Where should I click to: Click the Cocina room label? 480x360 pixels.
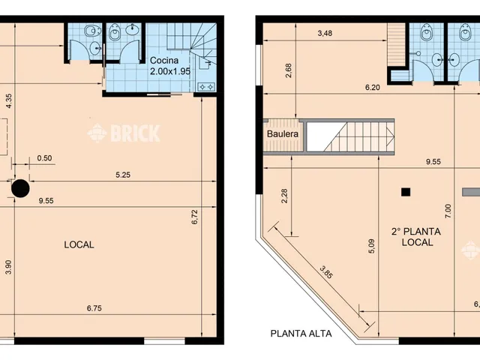click(164, 60)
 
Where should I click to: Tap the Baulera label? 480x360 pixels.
click(283, 134)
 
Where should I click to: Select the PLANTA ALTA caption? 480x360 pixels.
click(301, 333)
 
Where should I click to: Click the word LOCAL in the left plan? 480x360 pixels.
click(79, 244)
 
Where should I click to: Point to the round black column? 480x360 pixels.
click(20, 188)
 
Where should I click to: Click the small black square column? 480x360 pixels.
click(406, 192)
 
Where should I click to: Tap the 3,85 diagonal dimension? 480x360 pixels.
click(325, 272)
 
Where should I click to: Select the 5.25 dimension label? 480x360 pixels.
click(123, 175)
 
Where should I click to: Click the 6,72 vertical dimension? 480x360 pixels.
click(195, 217)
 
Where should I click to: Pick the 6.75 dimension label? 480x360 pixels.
click(94, 308)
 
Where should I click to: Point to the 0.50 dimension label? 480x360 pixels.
click(44, 158)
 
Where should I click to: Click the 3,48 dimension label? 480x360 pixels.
click(325, 33)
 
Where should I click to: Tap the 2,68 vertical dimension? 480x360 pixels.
click(288, 70)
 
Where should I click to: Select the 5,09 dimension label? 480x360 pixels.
click(372, 247)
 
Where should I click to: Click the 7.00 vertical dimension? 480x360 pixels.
click(448, 211)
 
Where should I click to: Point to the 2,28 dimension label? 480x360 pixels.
click(284, 196)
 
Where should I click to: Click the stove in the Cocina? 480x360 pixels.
click(206, 87)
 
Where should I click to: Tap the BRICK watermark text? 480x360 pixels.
click(135, 133)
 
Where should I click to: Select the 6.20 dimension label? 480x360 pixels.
click(373, 88)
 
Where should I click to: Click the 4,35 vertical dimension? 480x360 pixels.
click(8, 100)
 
